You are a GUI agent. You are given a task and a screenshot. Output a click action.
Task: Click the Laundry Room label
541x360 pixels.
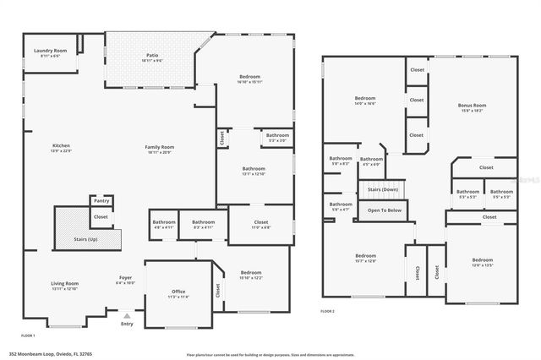50,52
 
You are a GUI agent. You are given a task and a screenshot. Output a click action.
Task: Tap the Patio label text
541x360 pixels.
152,56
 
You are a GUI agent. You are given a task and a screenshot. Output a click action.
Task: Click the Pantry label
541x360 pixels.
101,201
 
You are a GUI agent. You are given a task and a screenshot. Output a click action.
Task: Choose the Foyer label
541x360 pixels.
124,277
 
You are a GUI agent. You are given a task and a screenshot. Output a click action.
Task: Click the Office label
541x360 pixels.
178,292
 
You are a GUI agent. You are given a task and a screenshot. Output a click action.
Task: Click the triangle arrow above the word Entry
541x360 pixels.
128,314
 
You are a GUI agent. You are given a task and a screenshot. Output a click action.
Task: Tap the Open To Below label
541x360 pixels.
385,210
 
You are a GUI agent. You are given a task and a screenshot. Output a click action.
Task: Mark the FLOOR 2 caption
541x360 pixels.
327,312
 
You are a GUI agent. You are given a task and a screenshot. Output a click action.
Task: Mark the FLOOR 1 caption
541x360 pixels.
27,335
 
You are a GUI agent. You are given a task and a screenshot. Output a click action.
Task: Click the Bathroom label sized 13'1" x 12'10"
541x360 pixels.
254,168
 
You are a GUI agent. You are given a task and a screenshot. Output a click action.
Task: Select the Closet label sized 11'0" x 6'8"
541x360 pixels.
261,222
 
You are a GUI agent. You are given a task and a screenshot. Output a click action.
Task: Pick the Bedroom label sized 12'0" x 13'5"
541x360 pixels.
482,259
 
